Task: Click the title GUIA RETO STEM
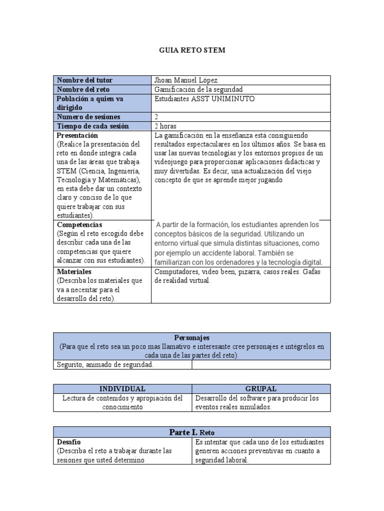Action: (x=192, y=50)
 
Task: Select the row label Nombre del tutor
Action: (x=84, y=80)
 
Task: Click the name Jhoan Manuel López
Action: (x=186, y=80)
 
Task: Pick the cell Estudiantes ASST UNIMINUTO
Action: (x=204, y=99)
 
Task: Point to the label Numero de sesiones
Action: (x=88, y=117)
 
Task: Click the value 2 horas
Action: (x=165, y=126)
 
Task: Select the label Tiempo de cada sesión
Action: (x=92, y=126)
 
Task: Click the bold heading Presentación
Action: (x=77, y=135)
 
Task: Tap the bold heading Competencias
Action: (x=79, y=225)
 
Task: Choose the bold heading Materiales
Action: (x=74, y=272)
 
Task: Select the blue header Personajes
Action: (x=192, y=338)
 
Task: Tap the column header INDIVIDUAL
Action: (x=122, y=389)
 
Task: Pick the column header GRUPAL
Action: (x=261, y=389)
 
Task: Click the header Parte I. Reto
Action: (x=192, y=432)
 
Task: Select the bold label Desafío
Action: (x=69, y=442)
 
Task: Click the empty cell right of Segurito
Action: (x=261, y=365)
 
